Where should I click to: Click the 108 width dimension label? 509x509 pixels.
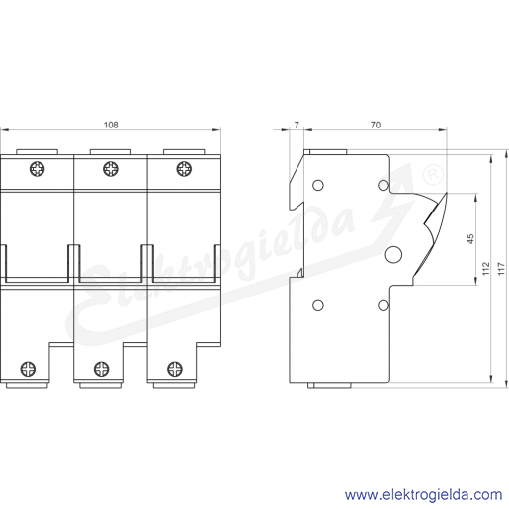coord(111,125)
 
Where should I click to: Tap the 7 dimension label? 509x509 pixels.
coord(297,125)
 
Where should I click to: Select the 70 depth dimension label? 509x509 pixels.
coord(376,125)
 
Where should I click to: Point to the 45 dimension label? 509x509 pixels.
coord(470,238)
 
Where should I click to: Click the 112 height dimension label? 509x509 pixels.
coord(486,269)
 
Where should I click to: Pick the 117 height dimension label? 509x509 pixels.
coord(501,269)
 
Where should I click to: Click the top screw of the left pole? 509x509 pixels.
coord(38,169)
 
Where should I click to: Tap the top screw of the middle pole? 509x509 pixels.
coord(111,169)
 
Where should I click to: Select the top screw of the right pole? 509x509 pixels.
coord(184,169)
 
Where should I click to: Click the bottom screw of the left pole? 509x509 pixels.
coord(28,369)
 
